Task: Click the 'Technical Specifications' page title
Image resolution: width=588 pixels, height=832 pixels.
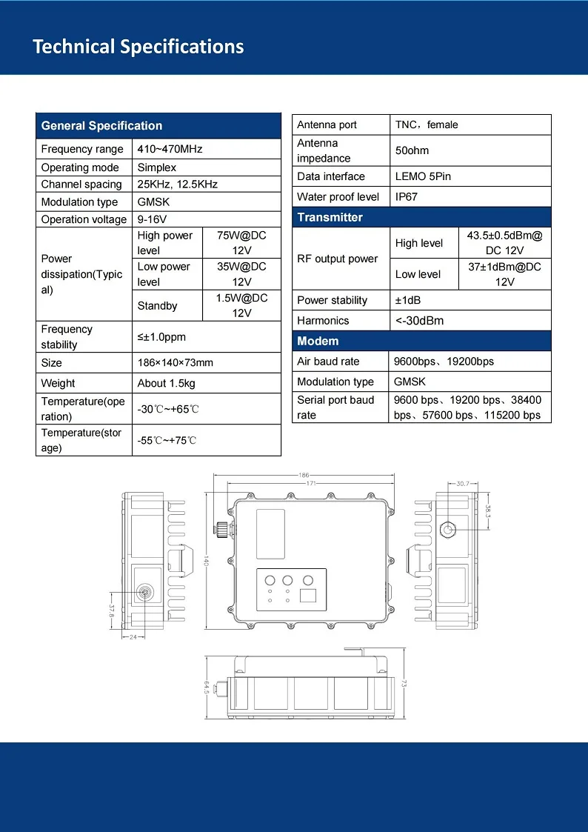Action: click(x=138, y=47)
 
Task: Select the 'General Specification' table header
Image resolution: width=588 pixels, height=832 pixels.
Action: click(x=101, y=126)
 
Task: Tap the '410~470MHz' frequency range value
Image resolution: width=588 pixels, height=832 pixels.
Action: click(x=170, y=149)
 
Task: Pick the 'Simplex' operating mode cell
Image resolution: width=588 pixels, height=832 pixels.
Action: click(x=157, y=167)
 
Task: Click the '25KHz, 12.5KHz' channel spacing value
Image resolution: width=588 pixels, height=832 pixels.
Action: click(x=178, y=184)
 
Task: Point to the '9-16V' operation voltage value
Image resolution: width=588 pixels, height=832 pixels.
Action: click(x=152, y=219)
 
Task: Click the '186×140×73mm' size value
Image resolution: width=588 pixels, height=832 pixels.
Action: click(x=175, y=363)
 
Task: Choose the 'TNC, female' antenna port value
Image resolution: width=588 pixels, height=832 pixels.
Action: click(x=427, y=124)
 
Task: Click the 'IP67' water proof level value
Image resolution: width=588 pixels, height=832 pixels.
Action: click(x=407, y=196)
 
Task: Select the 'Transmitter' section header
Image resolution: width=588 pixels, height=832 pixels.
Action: click(x=330, y=217)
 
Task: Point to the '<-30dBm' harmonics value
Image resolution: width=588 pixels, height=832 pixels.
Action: click(x=419, y=321)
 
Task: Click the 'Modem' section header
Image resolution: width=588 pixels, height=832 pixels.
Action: click(x=318, y=342)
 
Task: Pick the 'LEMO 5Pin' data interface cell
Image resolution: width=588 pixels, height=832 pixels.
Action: click(x=423, y=176)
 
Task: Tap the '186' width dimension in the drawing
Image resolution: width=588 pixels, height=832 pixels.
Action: click(x=304, y=476)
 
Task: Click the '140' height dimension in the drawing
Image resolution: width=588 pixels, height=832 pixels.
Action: click(x=207, y=561)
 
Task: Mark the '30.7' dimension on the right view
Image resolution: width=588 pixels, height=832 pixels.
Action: click(x=463, y=484)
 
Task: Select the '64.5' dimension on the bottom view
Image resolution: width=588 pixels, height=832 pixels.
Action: click(x=207, y=688)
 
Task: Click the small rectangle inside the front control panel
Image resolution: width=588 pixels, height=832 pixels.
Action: click(x=308, y=595)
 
